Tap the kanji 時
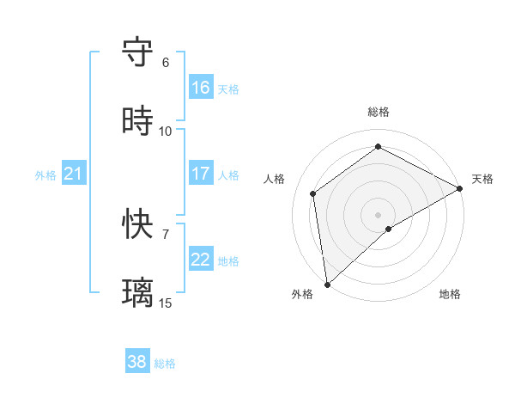point(138,120)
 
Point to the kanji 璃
point(138,292)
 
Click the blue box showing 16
point(201,87)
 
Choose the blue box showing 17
point(201,174)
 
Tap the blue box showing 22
point(201,260)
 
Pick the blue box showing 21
point(74,174)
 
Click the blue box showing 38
point(137,362)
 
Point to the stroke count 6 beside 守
point(166,63)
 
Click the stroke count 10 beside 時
point(166,132)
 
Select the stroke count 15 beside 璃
point(166,303)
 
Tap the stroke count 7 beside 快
point(166,235)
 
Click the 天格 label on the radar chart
point(482,179)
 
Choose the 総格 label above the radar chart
point(379,112)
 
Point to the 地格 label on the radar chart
point(450,295)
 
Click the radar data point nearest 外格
point(326,285)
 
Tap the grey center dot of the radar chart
point(379,214)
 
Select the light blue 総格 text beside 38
point(165,364)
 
